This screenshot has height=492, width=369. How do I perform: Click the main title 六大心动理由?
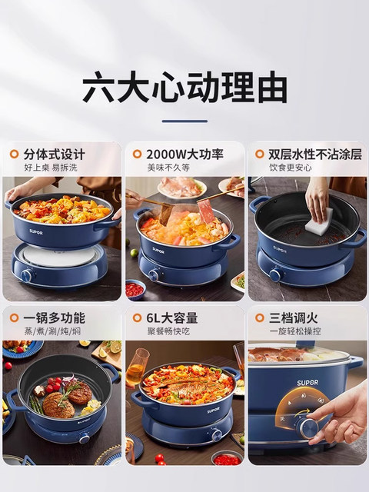tap(184, 87)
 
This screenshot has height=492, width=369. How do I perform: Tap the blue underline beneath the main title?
tap(184, 121)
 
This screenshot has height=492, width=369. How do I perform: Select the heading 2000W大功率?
tap(185, 154)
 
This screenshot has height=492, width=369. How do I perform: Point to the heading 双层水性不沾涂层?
tap(314, 154)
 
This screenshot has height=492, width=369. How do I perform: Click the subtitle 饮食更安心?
tap(289, 168)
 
